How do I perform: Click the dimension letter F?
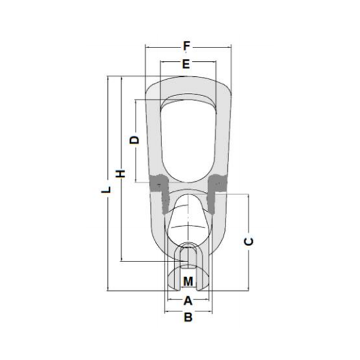point(187,45)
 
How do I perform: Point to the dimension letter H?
point(120,173)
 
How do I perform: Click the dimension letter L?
point(106,190)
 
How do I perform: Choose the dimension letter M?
point(188,281)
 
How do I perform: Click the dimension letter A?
point(188,299)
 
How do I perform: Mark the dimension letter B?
point(188,317)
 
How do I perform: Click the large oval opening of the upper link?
point(187,138)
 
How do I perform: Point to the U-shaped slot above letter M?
point(188,255)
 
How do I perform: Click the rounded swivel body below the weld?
point(187,225)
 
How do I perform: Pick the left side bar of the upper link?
point(155,138)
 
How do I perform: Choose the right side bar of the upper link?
point(221,138)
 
